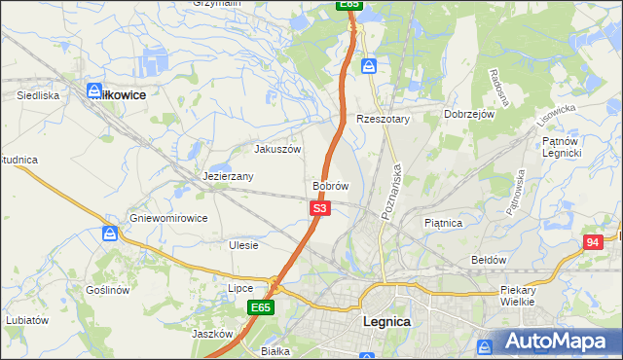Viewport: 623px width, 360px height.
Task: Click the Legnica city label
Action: pos(386,320)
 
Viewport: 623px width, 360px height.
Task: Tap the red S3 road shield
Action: pos(321,208)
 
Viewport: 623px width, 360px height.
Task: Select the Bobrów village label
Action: pos(330,185)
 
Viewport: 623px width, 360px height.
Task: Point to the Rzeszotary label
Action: pos(384,119)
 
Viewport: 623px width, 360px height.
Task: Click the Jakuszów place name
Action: pos(277,150)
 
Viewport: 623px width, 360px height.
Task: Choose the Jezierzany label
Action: pos(229,176)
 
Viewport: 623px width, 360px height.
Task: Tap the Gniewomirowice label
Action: pos(168,218)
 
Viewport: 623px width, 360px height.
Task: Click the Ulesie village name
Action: pos(243,245)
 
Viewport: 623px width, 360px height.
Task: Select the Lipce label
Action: pos(240,288)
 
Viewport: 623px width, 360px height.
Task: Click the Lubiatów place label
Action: pos(26,319)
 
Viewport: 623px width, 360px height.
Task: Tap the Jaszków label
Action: pos(210,333)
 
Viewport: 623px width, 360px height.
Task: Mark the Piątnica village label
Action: pos(443,223)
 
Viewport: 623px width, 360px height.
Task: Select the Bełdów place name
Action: pos(489,260)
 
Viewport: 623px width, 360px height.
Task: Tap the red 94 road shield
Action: pos(593,242)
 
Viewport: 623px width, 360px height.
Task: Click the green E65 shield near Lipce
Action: pos(259,307)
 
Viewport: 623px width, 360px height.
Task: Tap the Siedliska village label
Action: pos(39,95)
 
